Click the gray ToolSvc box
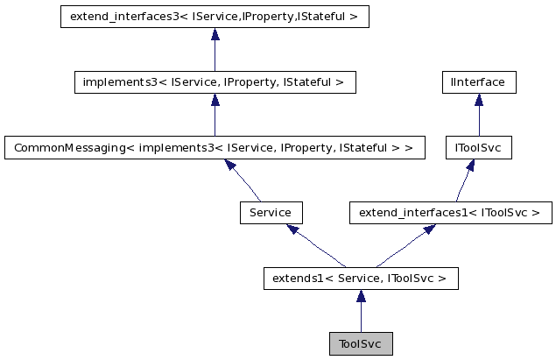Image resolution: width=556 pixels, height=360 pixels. click(x=360, y=344)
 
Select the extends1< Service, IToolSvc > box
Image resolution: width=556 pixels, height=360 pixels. click(x=360, y=279)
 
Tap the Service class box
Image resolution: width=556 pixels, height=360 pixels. click(x=271, y=213)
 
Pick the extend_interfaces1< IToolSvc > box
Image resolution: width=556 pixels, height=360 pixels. click(x=450, y=213)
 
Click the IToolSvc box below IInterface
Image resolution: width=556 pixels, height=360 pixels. click(x=478, y=147)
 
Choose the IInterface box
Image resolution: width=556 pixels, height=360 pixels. click(x=478, y=82)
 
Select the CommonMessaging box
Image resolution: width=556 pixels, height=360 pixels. click(x=215, y=147)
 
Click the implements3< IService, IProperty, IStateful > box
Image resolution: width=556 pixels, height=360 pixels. click(x=215, y=82)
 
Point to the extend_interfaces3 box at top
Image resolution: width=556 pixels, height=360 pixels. click(x=215, y=17)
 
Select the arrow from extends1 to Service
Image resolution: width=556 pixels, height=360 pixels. click(x=315, y=246)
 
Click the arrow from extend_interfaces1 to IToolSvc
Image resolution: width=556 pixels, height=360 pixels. click(x=464, y=180)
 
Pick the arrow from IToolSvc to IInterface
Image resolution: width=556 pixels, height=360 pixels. click(x=478, y=115)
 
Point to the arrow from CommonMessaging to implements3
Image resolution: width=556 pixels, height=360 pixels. click(x=215, y=115)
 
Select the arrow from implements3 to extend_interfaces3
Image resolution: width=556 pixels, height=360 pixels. click(x=215, y=49)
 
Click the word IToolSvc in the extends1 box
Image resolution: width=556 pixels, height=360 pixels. click(x=413, y=279)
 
